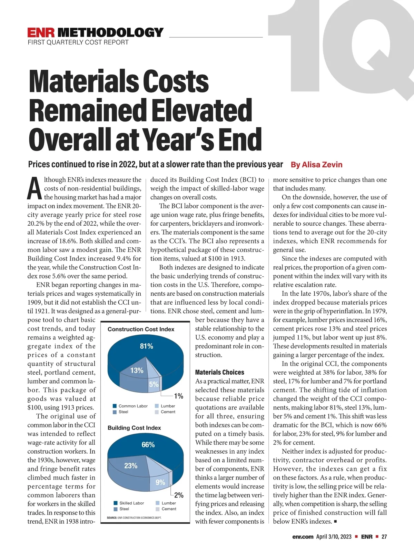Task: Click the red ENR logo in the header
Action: [x=41, y=32]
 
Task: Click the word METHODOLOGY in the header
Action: [x=110, y=32]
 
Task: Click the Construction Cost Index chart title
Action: [x=141, y=329]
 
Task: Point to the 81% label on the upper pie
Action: [x=146, y=346]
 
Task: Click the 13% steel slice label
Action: [x=137, y=371]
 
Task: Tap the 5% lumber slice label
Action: [x=154, y=384]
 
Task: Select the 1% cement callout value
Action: [x=178, y=396]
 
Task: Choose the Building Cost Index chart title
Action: [x=134, y=428]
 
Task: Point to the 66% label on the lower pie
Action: [x=148, y=445]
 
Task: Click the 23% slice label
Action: [x=131, y=466]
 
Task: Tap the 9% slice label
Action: [x=160, y=482]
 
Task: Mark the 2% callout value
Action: [x=179, y=495]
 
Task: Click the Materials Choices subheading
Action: [x=219, y=372]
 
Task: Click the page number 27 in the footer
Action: [x=384, y=536]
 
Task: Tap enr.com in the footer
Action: [x=303, y=536]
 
